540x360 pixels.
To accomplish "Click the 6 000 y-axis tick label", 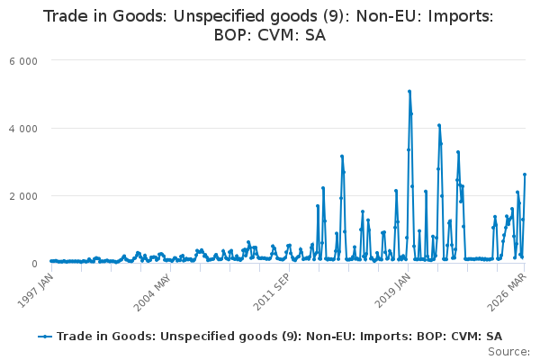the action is coord(23,61).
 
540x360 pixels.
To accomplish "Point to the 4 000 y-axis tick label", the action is coord(23,129).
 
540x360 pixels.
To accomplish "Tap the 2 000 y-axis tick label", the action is coord(23,196).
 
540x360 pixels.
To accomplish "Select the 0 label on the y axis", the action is coord(34,264).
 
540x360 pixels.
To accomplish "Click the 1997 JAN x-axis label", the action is coord(35,291).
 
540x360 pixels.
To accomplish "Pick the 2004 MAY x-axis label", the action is coord(152,292).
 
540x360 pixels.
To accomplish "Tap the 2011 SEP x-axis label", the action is coord(272,292).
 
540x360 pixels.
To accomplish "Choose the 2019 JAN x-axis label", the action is coord(392,291).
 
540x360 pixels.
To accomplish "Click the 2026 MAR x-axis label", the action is coord(507,292).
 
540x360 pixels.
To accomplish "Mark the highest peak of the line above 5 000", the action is coord(409,92).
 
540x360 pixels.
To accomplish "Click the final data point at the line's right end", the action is coord(525,175).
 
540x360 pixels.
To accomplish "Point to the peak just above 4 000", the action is coord(439,125).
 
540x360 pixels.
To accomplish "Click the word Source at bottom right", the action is coord(508,352).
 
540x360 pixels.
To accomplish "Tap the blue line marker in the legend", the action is coord(45,337).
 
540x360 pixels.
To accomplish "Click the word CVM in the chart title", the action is coord(278,35).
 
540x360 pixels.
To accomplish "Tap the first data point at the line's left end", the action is coord(51,261).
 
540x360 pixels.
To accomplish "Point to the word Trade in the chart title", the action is coord(66,16).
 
